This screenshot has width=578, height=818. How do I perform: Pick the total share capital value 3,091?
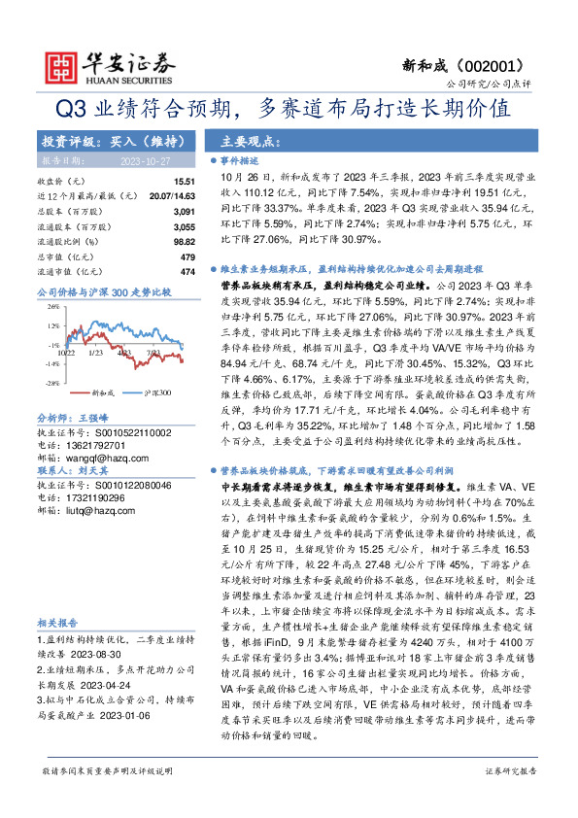point(185,210)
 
